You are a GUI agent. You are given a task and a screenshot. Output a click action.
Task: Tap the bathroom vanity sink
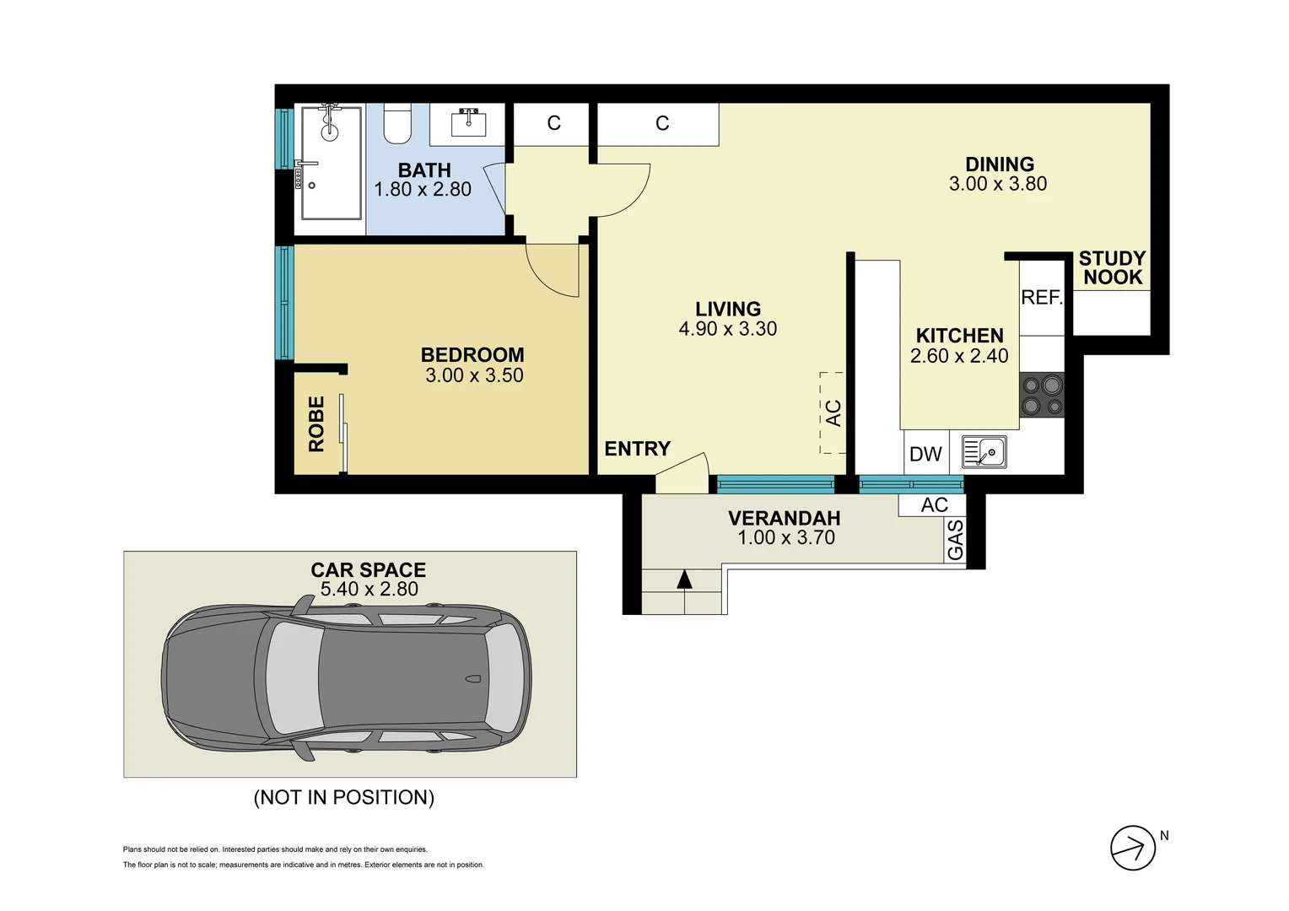[467, 124]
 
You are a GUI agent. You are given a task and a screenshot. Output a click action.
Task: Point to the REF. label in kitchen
[1042, 298]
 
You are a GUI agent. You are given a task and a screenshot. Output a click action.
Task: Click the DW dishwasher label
[925, 454]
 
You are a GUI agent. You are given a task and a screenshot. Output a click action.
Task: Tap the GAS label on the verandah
[955, 540]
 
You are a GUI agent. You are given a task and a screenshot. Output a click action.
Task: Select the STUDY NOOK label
[1112, 268]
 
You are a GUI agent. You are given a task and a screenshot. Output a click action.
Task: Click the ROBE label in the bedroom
[316, 424]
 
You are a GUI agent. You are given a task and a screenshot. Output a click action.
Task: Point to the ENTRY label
[637, 449]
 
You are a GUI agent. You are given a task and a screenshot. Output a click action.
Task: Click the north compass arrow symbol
[1132, 848]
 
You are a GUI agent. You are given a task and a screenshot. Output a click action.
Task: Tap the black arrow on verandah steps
[684, 579]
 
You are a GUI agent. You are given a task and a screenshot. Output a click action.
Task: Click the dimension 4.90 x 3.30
[727, 329]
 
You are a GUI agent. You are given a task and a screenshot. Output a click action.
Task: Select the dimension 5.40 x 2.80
[369, 590]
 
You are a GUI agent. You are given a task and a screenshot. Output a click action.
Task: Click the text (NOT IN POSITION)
[344, 797]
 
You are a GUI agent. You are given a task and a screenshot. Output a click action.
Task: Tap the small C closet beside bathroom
[553, 123]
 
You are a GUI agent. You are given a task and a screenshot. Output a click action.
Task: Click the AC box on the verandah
[934, 504]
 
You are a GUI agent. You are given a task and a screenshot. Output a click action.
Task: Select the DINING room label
[999, 164]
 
